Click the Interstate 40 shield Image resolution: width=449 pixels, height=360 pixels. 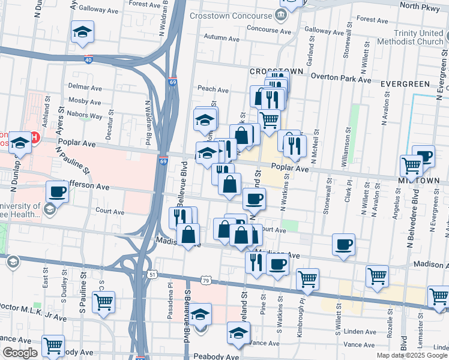(89, 60)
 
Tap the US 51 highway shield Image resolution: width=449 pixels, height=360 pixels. (153, 274)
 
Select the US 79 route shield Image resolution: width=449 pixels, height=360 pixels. (206, 280)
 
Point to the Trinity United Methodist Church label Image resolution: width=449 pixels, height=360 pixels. (410, 37)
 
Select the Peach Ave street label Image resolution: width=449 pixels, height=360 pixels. (213, 90)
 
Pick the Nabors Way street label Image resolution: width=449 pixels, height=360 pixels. (85, 112)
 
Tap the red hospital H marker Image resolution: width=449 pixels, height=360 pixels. (34, 138)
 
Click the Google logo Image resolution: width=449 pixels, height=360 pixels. (20, 353)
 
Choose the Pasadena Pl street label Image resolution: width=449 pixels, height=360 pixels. (170, 303)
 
